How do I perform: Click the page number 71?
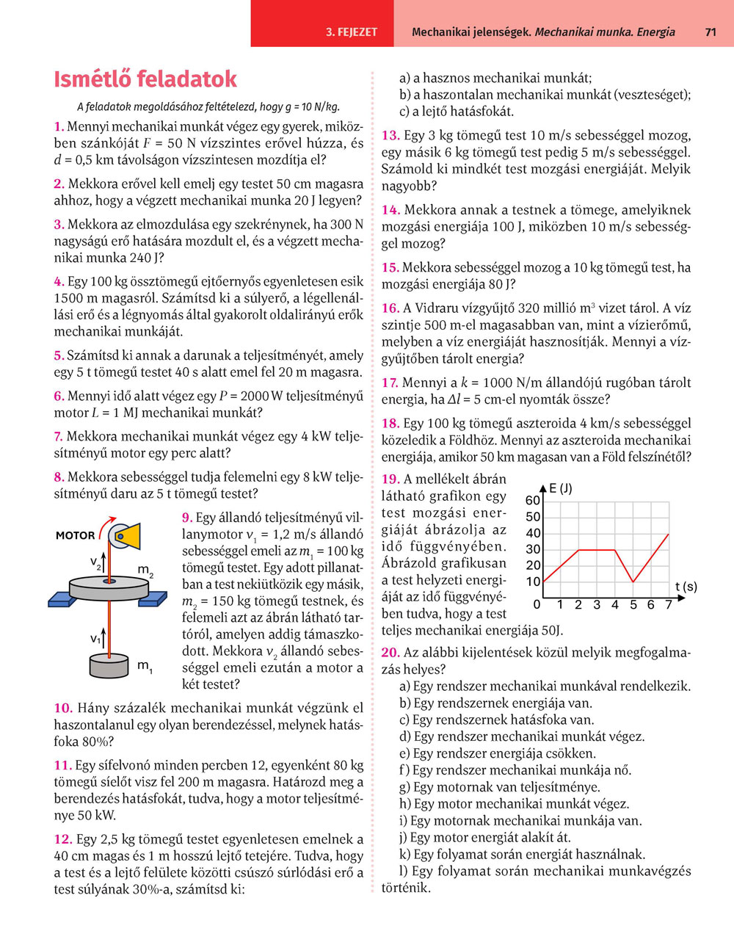tap(710, 32)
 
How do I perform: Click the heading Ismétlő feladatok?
tap(145, 79)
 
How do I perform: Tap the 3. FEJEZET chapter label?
tap(352, 32)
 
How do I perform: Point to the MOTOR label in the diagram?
tap(75, 535)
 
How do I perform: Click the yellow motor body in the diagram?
tap(129, 536)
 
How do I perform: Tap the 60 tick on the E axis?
tap(533, 501)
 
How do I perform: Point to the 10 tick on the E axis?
tap(533, 582)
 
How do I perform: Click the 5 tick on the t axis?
tap(633, 605)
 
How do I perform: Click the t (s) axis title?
tap(686, 587)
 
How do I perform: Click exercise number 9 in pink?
tap(187, 518)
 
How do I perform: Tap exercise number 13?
tap(390, 136)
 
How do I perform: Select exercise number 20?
tap(390, 653)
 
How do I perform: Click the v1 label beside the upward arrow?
tap(95, 639)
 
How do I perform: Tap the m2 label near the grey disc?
tap(145, 570)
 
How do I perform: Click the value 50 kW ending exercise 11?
tap(95, 816)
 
